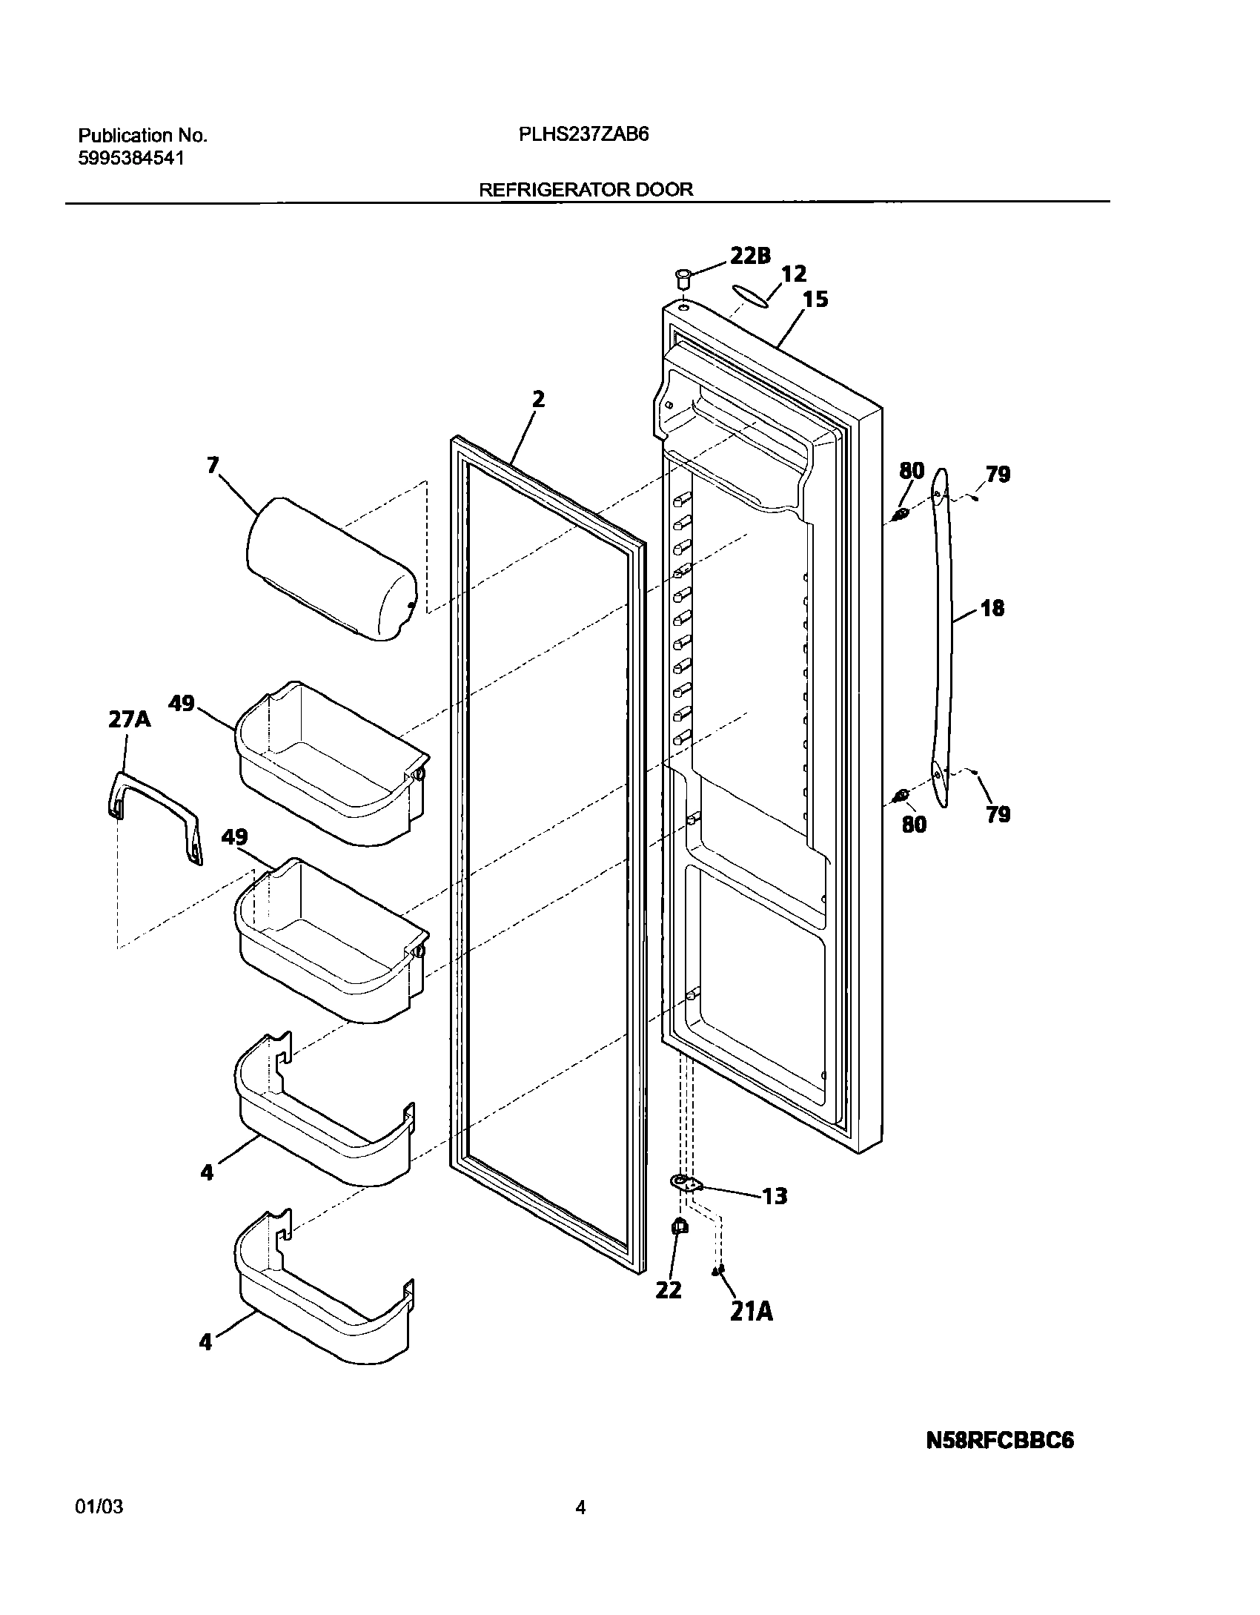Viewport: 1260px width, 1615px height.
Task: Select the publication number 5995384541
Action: (130, 158)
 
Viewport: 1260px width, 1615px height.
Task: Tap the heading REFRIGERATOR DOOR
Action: (586, 189)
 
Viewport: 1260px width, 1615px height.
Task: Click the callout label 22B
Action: (750, 256)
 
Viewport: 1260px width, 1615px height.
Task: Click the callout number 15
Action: (815, 300)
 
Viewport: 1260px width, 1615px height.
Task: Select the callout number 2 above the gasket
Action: (538, 400)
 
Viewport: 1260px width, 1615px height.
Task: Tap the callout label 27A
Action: (129, 719)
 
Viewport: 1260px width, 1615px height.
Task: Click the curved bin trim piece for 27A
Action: (154, 815)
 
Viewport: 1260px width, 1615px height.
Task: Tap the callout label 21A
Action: (751, 1312)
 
